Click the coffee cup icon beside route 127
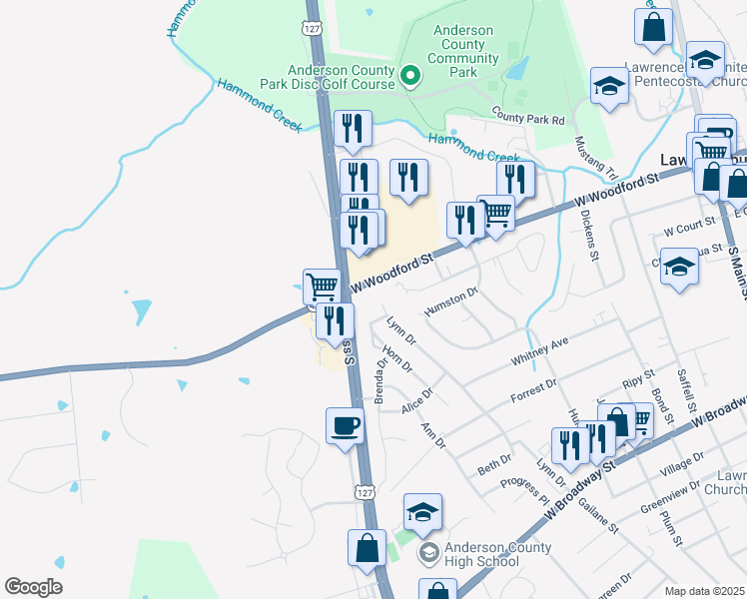pyautogui.click(x=346, y=426)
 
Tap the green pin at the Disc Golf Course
pyautogui.click(x=409, y=76)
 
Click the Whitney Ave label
pyautogui.click(x=539, y=349)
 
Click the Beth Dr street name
pyautogui.click(x=493, y=464)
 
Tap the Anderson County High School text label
pyautogui.click(x=497, y=555)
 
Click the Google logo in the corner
pyautogui.click(x=33, y=587)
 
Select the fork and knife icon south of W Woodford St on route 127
pyautogui.click(x=335, y=320)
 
